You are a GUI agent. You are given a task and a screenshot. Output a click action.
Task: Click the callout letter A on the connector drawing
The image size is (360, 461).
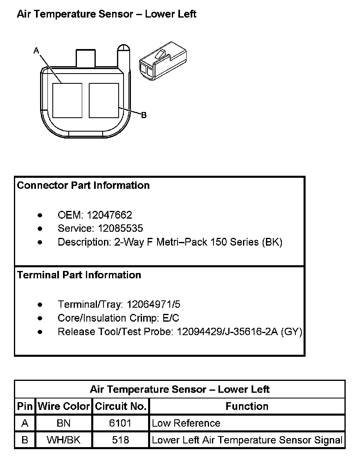(36, 50)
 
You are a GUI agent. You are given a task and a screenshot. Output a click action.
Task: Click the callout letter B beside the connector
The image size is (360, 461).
(144, 115)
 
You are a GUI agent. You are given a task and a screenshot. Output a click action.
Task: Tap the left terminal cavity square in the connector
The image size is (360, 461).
(68, 101)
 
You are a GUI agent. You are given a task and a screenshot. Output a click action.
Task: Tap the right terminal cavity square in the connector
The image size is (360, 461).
(104, 101)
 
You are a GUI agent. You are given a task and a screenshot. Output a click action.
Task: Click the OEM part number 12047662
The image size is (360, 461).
(109, 215)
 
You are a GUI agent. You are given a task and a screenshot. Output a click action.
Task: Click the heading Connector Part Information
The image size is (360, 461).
(83, 186)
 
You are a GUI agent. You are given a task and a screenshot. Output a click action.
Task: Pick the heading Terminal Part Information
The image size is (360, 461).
(79, 275)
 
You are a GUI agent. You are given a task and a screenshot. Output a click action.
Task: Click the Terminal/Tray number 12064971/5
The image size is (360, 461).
(153, 304)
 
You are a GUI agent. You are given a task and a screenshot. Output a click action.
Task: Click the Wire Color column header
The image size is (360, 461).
(64, 406)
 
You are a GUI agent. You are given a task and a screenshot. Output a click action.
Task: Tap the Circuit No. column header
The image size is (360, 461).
(121, 406)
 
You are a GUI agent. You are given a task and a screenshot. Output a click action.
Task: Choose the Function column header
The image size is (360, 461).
(247, 406)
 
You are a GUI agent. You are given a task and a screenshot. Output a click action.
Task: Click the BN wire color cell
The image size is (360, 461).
(64, 423)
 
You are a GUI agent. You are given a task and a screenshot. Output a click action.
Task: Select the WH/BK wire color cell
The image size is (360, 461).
(64, 440)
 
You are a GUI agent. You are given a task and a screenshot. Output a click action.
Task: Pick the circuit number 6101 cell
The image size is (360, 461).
(120, 423)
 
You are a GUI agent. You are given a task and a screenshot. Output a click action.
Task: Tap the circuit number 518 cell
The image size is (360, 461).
(120, 440)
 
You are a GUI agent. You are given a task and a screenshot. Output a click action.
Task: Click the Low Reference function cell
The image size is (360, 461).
(186, 423)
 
